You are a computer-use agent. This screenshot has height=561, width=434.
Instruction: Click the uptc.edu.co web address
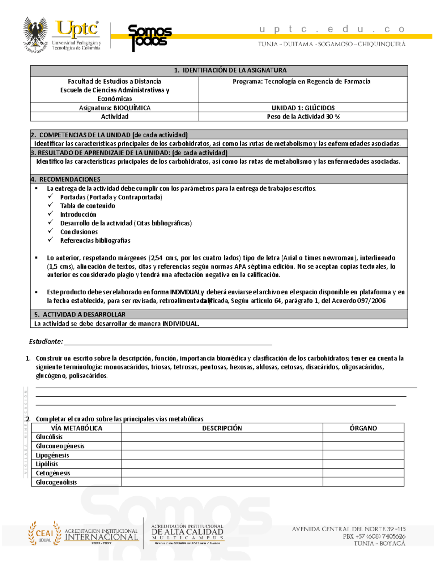(332, 29)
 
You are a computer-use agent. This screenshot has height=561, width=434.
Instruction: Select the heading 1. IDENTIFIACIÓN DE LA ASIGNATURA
(230, 70)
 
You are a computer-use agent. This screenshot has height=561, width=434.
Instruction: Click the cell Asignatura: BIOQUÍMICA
(115, 108)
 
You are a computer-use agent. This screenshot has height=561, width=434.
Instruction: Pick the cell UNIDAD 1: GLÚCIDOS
(303, 108)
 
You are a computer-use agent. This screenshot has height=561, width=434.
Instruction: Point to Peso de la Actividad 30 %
(303, 117)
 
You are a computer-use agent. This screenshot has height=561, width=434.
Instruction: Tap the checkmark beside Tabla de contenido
(51, 205)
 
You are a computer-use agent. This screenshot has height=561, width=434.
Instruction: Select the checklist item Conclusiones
(79, 232)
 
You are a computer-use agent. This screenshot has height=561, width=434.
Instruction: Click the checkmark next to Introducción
(51, 214)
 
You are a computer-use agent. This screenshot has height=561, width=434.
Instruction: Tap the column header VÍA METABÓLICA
(76, 428)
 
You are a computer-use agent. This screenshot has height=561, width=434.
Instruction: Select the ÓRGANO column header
(363, 428)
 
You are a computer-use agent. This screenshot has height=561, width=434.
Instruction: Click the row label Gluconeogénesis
(60, 446)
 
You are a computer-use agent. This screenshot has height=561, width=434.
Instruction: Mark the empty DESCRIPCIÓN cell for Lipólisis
(222, 464)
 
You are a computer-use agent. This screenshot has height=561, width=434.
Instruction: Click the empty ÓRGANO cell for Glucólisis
(363, 437)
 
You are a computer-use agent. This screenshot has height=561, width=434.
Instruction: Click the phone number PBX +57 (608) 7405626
(374, 536)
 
